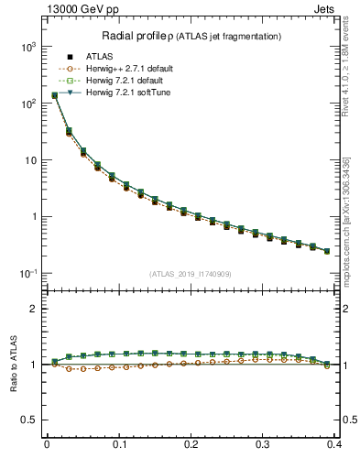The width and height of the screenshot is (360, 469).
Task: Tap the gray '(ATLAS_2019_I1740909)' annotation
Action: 191,274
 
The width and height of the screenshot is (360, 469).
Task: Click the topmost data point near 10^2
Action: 54,94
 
